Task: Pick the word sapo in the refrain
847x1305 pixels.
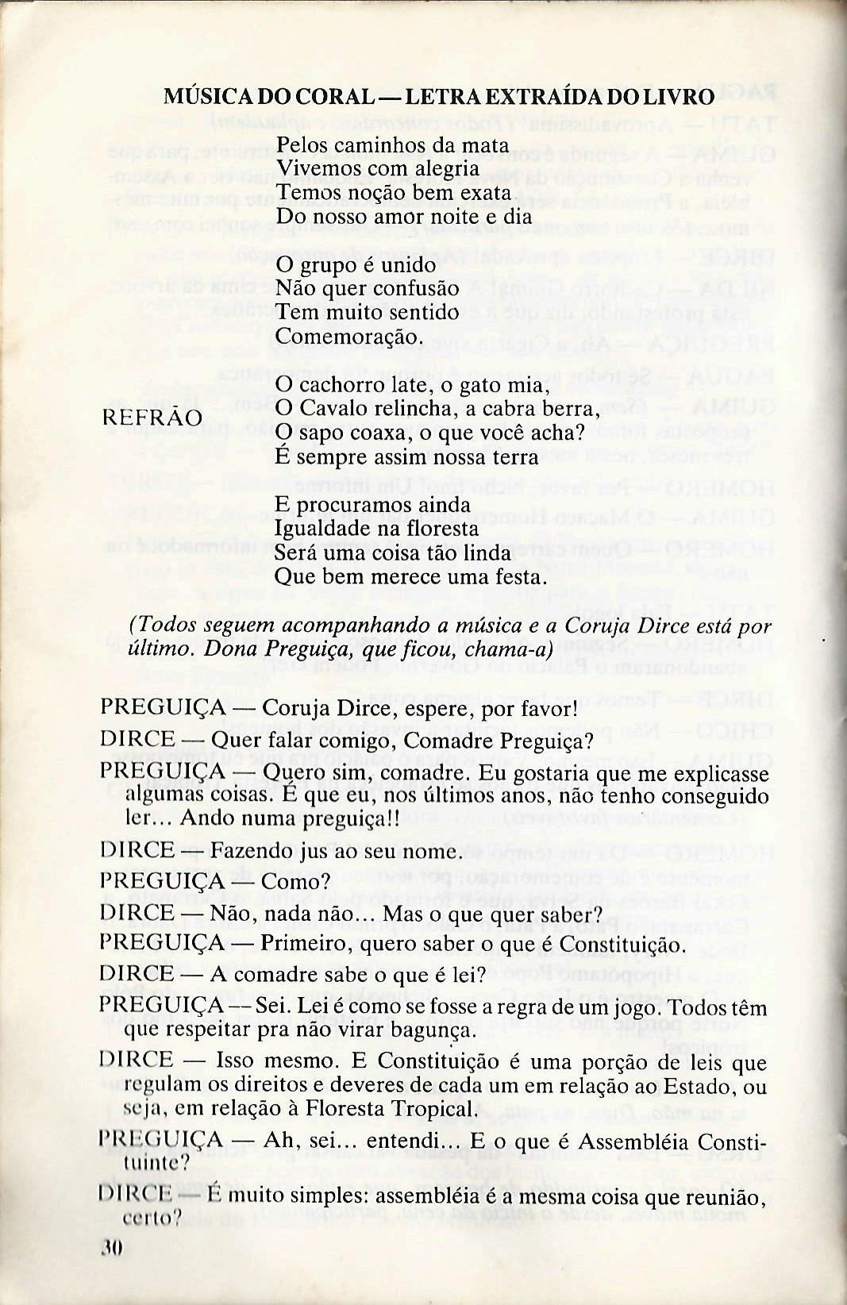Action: click(322, 433)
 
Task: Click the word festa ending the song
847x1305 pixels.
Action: click(522, 577)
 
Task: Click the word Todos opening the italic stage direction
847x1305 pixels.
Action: click(165, 626)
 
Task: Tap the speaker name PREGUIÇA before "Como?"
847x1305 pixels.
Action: click(163, 881)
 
